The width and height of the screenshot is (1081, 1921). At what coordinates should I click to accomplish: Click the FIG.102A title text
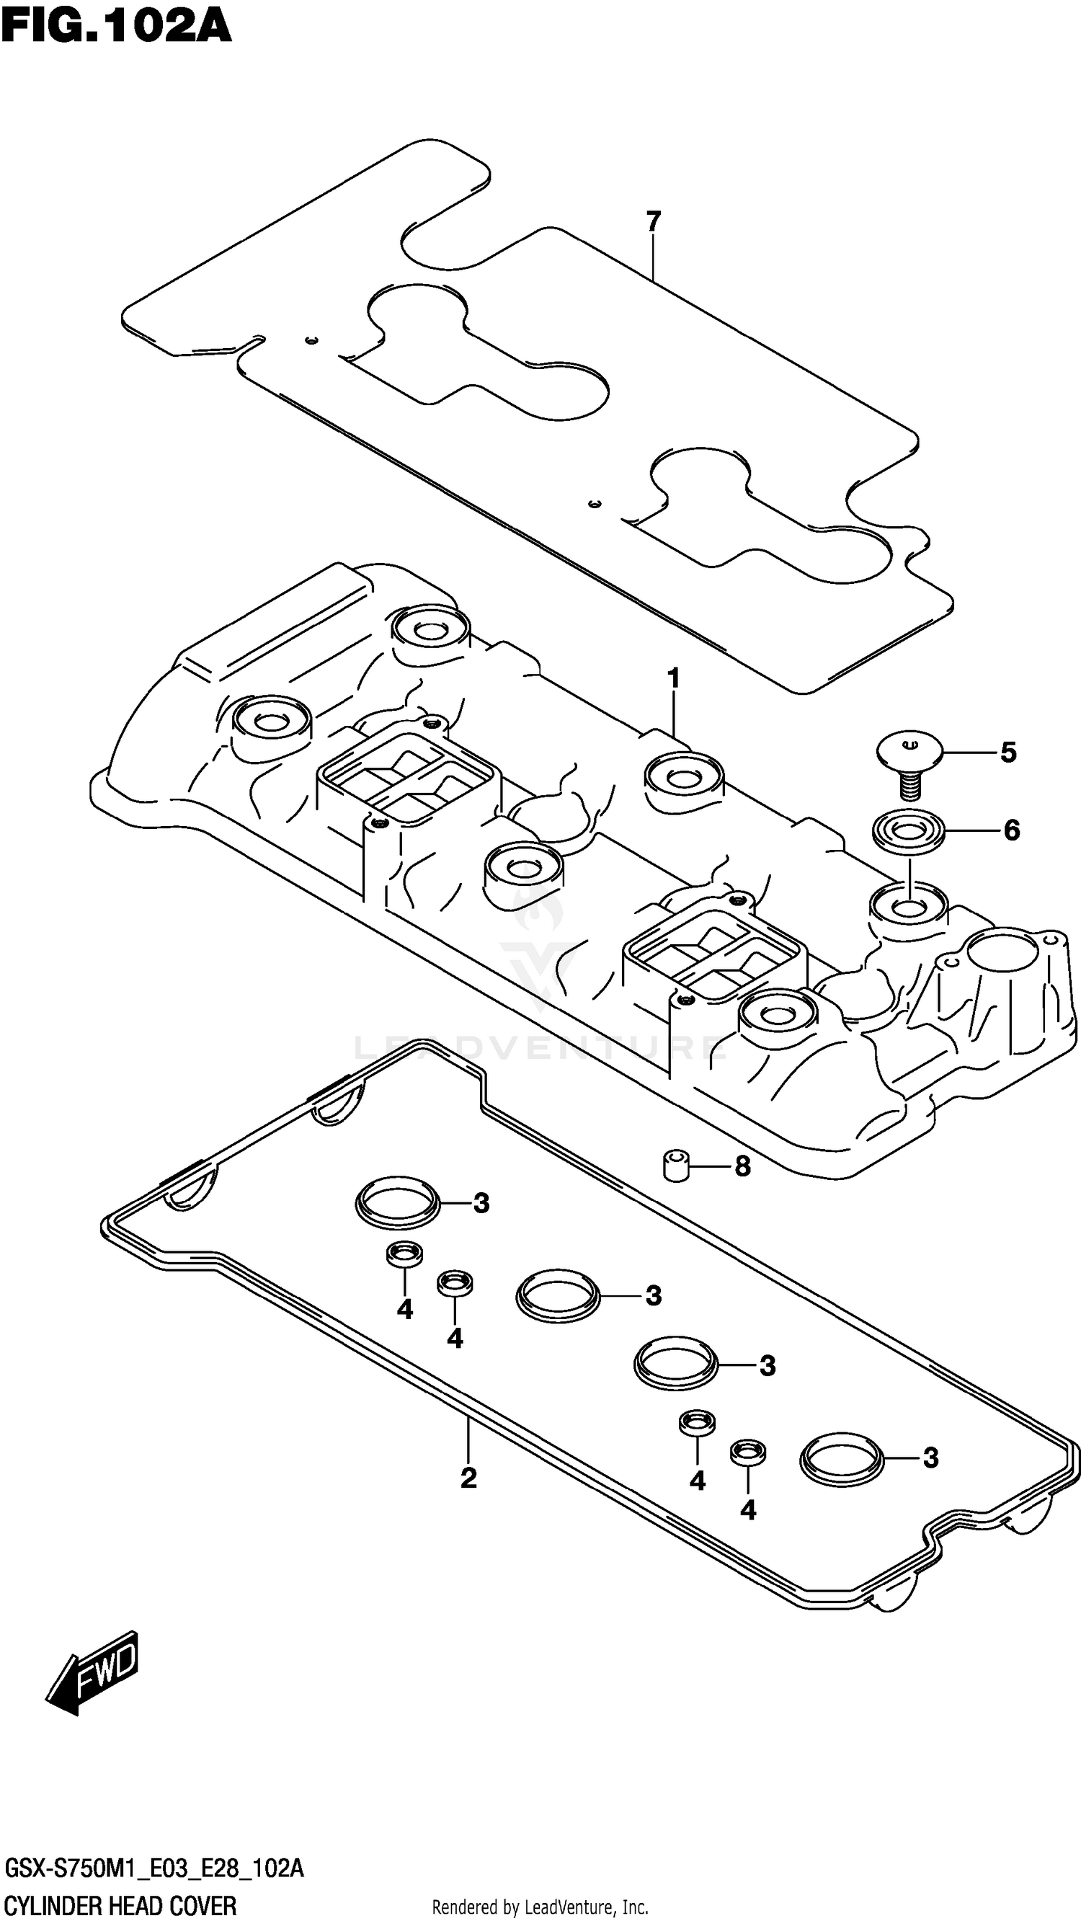point(115,27)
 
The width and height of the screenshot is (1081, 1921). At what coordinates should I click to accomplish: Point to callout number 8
point(742,1166)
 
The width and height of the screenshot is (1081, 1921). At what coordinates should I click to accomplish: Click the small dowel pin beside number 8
point(675,1166)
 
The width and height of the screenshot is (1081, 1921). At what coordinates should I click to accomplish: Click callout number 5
point(1008,753)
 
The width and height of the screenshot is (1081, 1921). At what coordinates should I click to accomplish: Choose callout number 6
point(1011,830)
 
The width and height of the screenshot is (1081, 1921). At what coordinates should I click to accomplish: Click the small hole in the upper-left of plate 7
point(311,341)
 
